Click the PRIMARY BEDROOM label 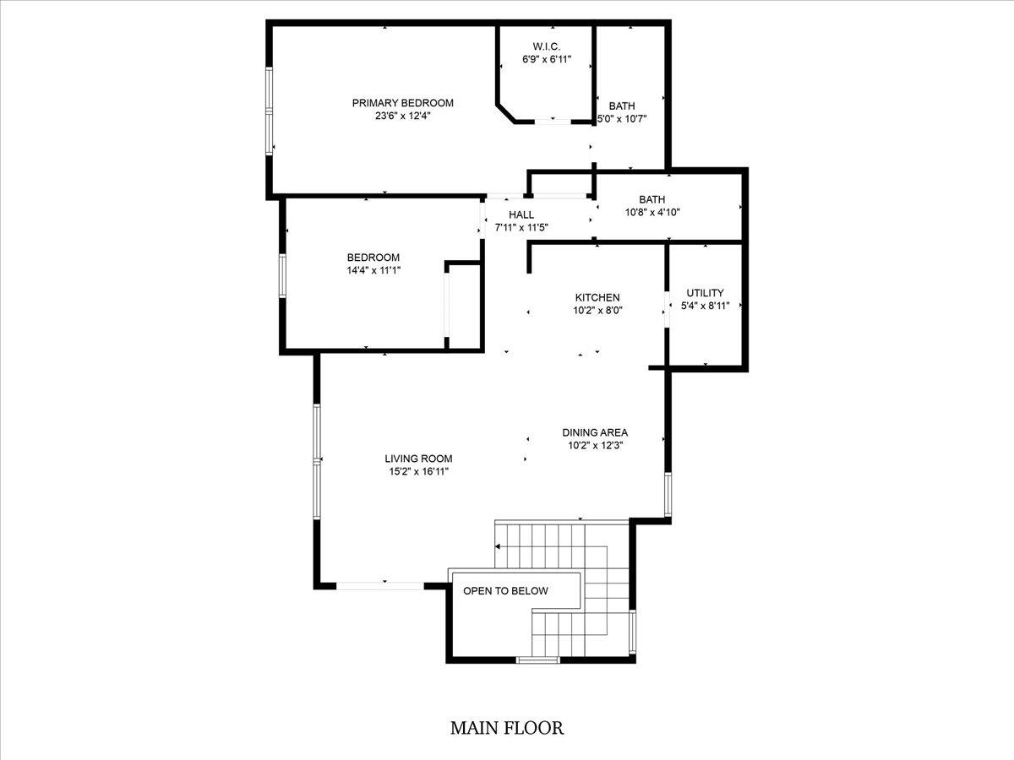pyautogui.click(x=402, y=103)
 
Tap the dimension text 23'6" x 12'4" pyautogui.click(x=402, y=117)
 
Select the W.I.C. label pyautogui.click(x=547, y=46)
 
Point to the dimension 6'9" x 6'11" pyautogui.click(x=547, y=60)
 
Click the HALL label pyautogui.click(x=521, y=215)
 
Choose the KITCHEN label pyautogui.click(x=597, y=298)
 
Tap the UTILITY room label pyautogui.click(x=705, y=293)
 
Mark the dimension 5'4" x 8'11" pyautogui.click(x=705, y=307)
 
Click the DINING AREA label pyautogui.click(x=595, y=432)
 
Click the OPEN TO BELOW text pyautogui.click(x=505, y=591)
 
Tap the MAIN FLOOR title pyautogui.click(x=506, y=728)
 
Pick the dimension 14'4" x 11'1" pyautogui.click(x=373, y=271)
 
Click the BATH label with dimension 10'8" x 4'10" pyautogui.click(x=652, y=199)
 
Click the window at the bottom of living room pyautogui.click(x=380, y=584)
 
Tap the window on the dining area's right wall pyautogui.click(x=668, y=495)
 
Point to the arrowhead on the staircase pyautogui.click(x=499, y=547)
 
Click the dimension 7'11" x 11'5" pyautogui.click(x=521, y=228)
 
